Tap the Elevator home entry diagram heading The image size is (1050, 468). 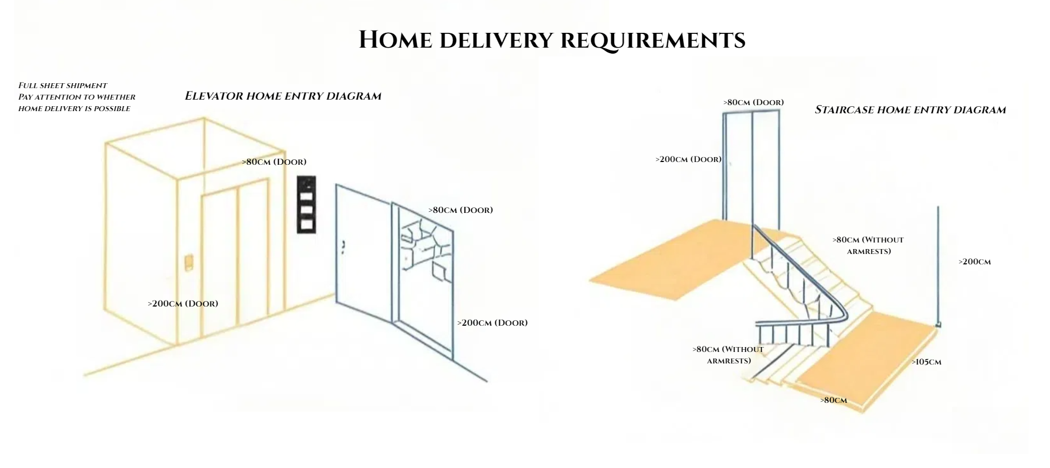(x=283, y=96)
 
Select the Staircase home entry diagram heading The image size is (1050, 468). (x=910, y=109)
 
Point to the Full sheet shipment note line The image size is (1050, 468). (x=63, y=85)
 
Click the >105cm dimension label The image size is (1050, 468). (x=926, y=362)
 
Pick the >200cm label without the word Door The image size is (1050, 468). (x=975, y=262)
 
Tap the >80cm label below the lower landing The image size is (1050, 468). (x=833, y=400)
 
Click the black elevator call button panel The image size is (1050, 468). (x=306, y=205)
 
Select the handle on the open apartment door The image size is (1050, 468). (x=343, y=247)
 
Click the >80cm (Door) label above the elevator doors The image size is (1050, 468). (x=274, y=162)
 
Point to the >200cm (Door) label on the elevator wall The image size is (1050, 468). (x=183, y=304)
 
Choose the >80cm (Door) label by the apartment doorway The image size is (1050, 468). (x=460, y=210)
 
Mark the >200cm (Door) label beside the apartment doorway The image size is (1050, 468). (x=492, y=323)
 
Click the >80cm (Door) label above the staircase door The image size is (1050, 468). (x=753, y=102)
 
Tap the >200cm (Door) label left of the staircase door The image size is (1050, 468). (x=689, y=159)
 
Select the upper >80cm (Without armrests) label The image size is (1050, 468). (x=868, y=246)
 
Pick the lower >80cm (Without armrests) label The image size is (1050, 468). (x=728, y=355)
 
